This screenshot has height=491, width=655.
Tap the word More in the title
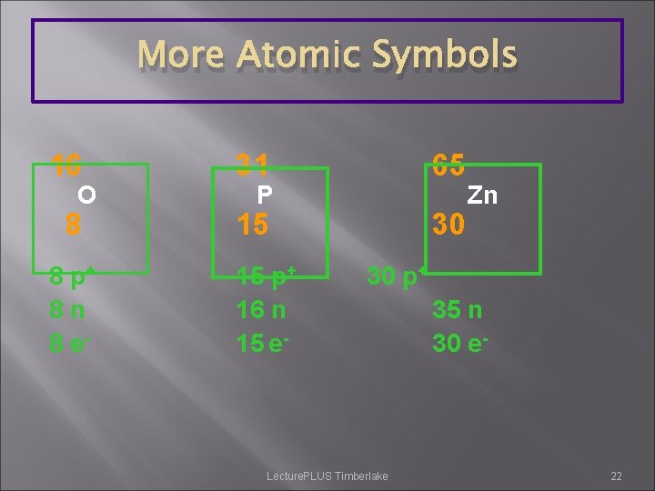[180, 55]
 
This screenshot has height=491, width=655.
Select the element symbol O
[86, 195]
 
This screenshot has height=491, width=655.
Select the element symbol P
[265, 195]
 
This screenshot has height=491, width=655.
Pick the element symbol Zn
[482, 195]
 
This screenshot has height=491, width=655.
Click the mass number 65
[448, 165]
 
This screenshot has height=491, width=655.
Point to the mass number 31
[252, 165]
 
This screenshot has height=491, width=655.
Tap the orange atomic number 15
[252, 224]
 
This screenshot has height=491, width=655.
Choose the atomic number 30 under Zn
[448, 224]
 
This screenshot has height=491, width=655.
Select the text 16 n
[261, 309]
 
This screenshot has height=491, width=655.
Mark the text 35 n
[458, 309]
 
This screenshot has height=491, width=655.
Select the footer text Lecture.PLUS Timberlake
[327, 476]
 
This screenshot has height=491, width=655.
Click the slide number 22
[616, 476]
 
